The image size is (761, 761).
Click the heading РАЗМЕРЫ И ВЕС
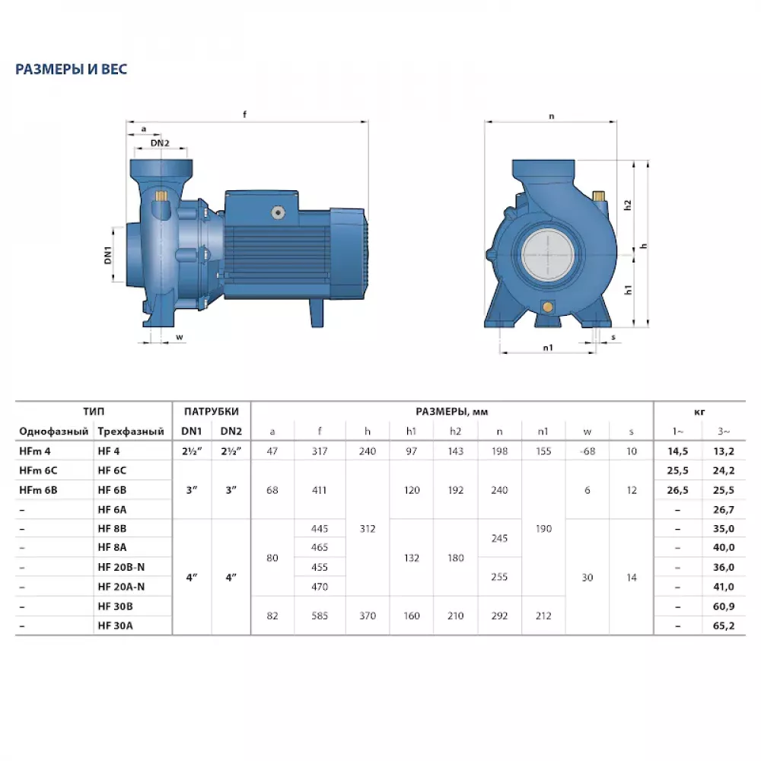pos(72,69)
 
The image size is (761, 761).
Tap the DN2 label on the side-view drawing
pos(159,143)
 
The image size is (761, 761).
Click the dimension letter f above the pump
pos(245,115)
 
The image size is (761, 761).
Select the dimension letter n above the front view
pos(550,116)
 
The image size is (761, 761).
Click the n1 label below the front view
pos(547,347)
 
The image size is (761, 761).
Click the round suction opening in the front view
pos(549,256)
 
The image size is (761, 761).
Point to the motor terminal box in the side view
pos(275,208)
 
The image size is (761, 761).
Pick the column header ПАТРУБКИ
pos(212,411)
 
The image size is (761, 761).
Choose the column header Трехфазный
pos(131,431)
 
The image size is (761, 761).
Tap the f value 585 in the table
pos(320,616)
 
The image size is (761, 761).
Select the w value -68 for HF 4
pos(587,451)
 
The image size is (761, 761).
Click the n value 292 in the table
pos(499,616)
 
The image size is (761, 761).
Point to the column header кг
pos(699,411)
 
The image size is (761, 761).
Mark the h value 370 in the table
pos(368,616)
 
